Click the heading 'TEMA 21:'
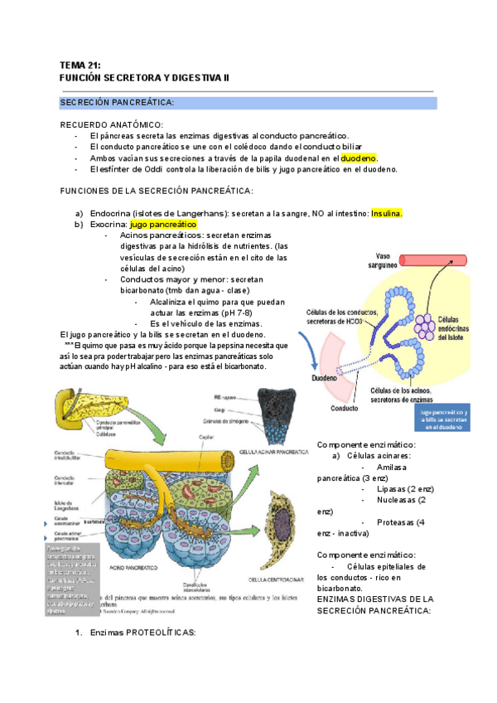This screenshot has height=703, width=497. coord(80,65)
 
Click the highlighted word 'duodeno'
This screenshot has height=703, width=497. coord(359,158)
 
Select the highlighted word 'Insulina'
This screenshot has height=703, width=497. coord(386,213)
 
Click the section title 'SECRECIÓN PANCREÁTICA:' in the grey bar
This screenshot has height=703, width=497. coord(116,102)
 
